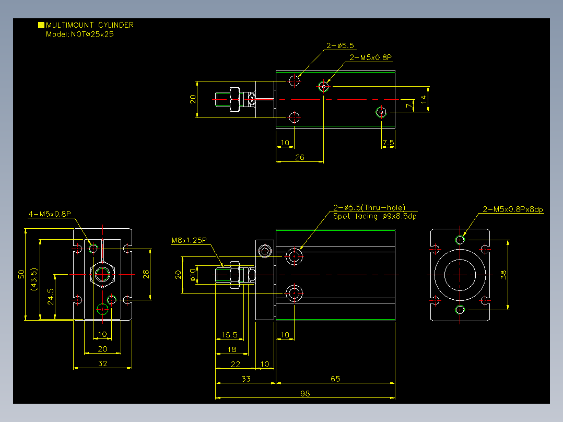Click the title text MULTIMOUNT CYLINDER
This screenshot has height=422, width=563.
(x=90, y=25)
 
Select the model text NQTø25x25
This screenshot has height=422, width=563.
(x=92, y=34)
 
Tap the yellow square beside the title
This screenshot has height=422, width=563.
(x=41, y=25)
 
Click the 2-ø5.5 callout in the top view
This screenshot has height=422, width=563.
(x=340, y=45)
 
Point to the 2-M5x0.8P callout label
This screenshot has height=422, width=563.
(x=371, y=57)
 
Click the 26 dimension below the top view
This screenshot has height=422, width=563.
(x=300, y=157)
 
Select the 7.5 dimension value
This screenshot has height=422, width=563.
(x=388, y=143)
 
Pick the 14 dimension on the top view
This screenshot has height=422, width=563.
(x=424, y=99)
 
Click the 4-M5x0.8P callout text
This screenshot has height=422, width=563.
(x=50, y=214)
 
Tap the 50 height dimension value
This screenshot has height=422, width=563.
(x=21, y=274)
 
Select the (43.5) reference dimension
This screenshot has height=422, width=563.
(x=34, y=279)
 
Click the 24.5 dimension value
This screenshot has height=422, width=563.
(x=51, y=297)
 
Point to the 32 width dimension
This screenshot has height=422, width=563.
(x=103, y=364)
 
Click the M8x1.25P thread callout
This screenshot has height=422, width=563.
(x=189, y=240)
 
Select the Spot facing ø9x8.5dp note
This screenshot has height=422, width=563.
(x=375, y=216)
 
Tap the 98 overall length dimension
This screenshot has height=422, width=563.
(x=305, y=394)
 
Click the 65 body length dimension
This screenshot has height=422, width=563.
(x=335, y=379)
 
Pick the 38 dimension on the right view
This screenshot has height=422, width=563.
(x=503, y=275)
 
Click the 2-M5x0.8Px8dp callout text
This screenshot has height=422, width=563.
(x=513, y=209)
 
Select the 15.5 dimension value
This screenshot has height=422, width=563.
(x=229, y=335)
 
